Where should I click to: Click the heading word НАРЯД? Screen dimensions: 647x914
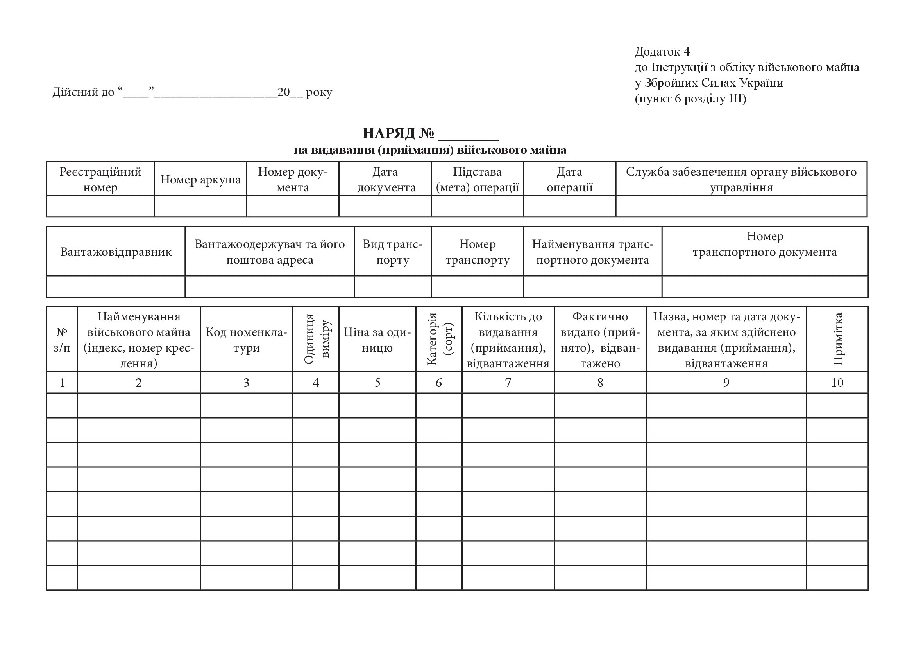tap(388, 133)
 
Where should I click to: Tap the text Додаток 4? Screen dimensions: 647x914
tap(662, 51)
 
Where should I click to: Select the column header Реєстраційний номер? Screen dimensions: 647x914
tap(100, 179)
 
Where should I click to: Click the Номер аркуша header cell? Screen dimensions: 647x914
tap(200, 180)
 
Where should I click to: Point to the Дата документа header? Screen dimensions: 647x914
tap(385, 179)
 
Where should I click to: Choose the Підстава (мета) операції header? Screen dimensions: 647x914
tap(477, 179)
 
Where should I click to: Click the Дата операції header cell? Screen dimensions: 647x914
tap(569, 179)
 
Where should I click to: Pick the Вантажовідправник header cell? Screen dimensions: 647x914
tap(116, 252)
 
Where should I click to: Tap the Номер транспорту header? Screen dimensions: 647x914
tap(477, 252)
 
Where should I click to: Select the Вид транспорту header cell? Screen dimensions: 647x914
tap(392, 252)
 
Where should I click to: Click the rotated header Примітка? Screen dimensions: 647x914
tap(837, 339)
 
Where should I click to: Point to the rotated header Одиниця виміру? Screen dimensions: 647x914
tap(316, 339)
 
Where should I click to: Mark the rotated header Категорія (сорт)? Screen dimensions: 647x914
tap(439, 339)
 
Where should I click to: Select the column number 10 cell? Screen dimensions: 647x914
tap(837, 383)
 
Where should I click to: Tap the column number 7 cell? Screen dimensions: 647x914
tap(508, 383)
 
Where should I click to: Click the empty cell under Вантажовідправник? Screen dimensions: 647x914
tap(116, 286)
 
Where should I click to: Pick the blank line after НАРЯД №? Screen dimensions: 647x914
tap(468, 135)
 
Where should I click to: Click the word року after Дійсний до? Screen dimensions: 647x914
tap(319, 92)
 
